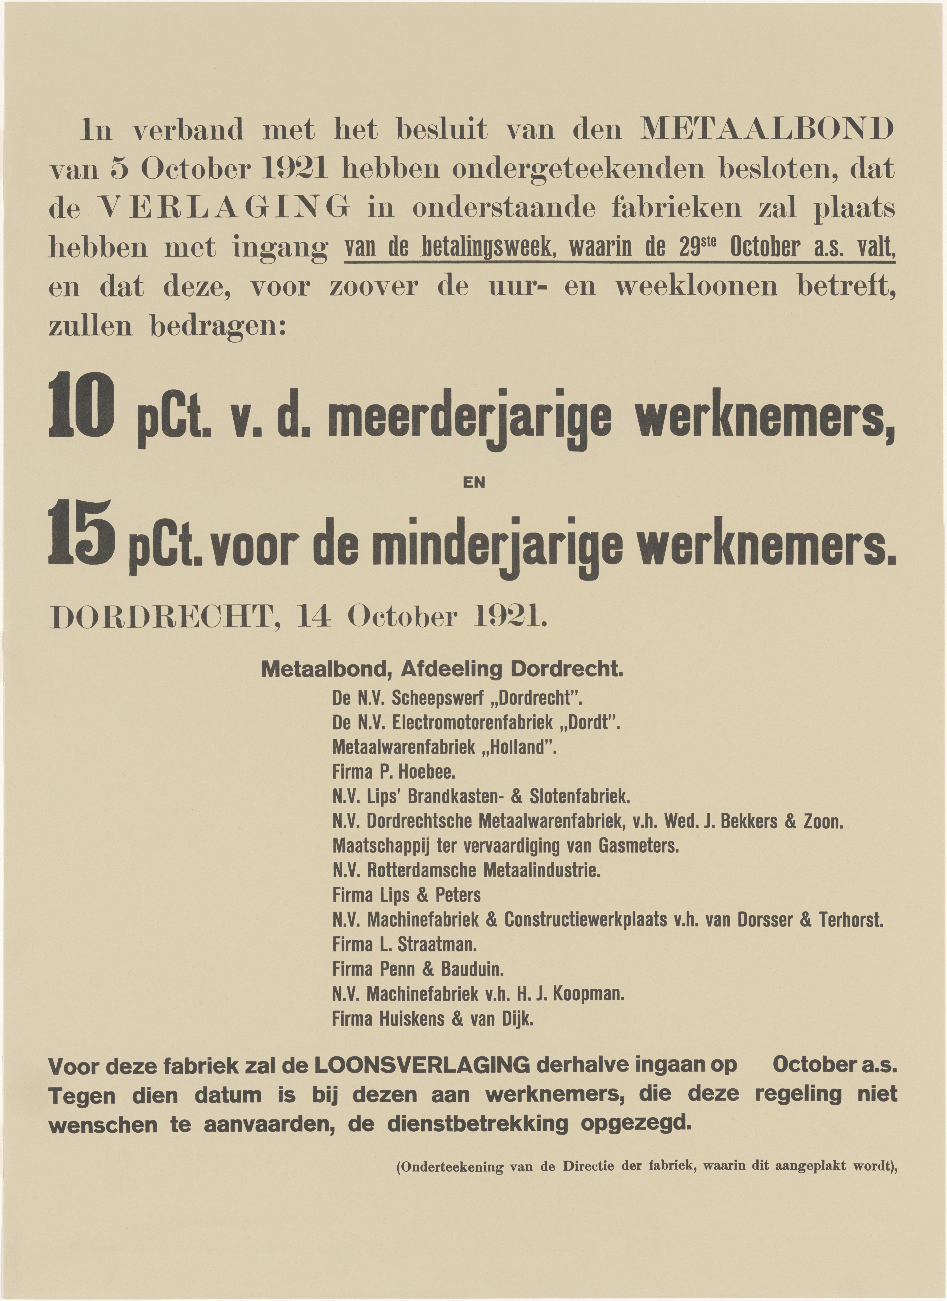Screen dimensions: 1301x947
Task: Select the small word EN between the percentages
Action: coord(473,483)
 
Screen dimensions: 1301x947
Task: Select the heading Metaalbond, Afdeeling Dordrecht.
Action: coord(442,669)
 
